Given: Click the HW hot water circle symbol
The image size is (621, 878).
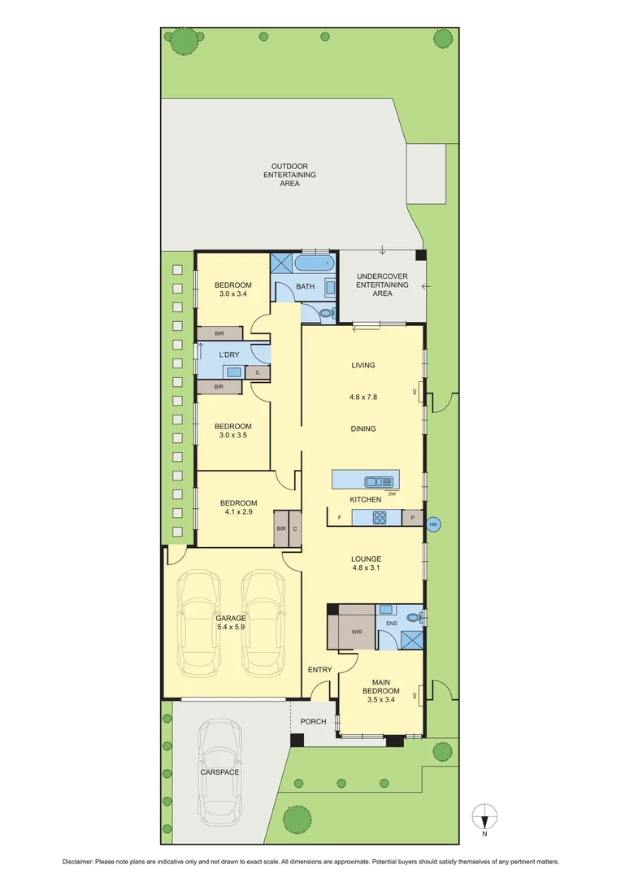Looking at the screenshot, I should click(x=432, y=524).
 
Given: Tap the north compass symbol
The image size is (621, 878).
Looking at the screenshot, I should click(x=484, y=814).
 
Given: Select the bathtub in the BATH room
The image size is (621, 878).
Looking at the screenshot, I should click(x=313, y=263).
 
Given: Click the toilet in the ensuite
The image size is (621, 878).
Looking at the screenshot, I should click(x=415, y=618).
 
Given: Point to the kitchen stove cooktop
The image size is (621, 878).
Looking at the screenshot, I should click(x=378, y=517).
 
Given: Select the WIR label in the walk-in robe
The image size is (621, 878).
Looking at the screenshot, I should click(x=356, y=631).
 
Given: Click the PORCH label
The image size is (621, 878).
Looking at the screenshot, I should click(x=313, y=721).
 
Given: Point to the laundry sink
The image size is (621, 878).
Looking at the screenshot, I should click(x=233, y=372).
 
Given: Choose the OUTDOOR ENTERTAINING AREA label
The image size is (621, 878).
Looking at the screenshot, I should click(x=290, y=175).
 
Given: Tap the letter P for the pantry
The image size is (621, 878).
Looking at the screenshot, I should click(x=413, y=518).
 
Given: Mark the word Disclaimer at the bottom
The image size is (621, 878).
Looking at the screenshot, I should click(x=77, y=861).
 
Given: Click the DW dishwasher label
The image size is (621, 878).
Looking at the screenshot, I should click(x=392, y=493).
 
